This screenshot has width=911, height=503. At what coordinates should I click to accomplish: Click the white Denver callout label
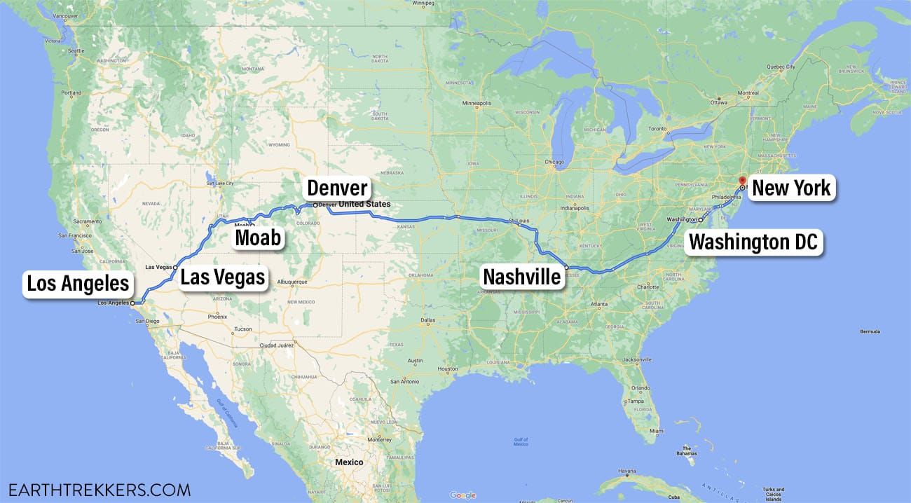pos(337,188)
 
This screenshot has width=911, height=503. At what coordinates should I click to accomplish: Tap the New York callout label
pos(791,187)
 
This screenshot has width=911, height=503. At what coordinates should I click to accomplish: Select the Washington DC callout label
pos(753,242)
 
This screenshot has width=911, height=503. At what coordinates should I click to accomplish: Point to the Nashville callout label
pos(522,277)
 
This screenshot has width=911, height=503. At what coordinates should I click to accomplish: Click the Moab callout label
pos(258,237)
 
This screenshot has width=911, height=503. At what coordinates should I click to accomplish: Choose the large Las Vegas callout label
pos(223,277)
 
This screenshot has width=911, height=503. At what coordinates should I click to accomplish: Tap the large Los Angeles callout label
pos(78,283)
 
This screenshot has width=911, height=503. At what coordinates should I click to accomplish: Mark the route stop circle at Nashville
pos(566,268)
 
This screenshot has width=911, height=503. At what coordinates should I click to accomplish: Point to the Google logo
pos(463,495)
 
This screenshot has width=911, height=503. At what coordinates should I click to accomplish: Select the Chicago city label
pos(554,163)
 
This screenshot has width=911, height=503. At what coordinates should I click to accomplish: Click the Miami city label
pos(656,430)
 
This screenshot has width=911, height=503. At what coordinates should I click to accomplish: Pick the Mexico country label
pos(349,462)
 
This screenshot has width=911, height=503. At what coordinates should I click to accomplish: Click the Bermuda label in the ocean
pos(869,331)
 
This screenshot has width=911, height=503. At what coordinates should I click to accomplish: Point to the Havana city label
pos(608,470)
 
